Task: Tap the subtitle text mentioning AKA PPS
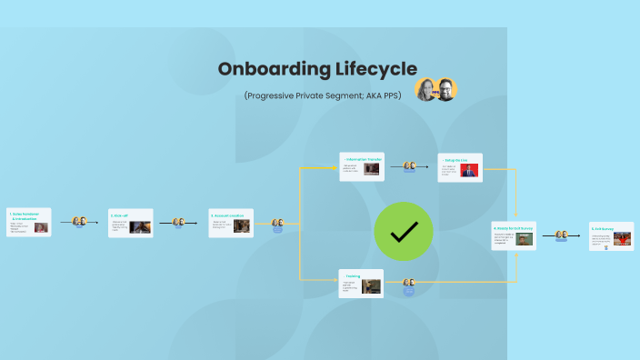pos(323,95)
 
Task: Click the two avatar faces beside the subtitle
pos(436,89)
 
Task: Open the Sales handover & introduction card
pos(29,223)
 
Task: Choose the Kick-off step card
pos(130,223)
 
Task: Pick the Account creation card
pos(231,223)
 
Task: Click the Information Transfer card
pos(362,167)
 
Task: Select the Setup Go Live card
pos(459,167)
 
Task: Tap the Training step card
pos(362,283)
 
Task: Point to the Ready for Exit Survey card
pos(513,237)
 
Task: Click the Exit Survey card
pos(611,236)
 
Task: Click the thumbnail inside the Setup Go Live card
pos(470,170)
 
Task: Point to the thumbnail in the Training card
pos(371,285)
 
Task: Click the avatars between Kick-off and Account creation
pos(178,222)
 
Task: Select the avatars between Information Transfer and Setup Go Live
pos(410,166)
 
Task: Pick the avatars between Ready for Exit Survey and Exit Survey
pos(562,235)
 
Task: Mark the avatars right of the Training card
pos(409,283)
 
